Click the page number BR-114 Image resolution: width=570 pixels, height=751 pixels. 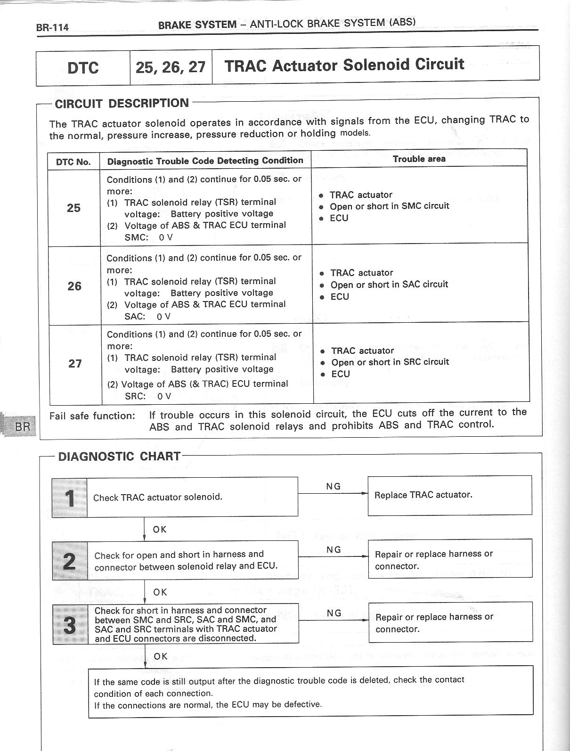click(52, 27)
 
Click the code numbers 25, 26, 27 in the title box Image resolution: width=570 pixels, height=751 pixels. click(171, 67)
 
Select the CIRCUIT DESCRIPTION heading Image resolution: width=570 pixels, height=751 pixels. click(122, 104)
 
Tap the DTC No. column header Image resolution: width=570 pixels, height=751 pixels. click(73, 162)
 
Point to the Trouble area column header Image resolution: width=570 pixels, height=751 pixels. click(419, 159)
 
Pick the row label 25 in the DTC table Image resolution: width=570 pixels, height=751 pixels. click(73, 208)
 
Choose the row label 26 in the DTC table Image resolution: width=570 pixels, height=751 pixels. click(74, 286)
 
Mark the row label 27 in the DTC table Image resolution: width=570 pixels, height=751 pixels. click(75, 364)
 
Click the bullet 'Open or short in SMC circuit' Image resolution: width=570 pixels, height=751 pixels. click(389, 206)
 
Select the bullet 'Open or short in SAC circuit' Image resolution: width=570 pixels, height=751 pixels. click(389, 285)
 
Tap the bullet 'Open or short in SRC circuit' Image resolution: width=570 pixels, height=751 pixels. click(390, 362)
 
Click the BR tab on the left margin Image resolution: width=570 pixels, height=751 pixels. click(22, 427)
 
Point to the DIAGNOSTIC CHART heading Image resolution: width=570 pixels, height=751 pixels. click(119, 457)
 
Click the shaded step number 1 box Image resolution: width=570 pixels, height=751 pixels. click(70, 498)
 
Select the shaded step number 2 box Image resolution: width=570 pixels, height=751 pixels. click(70, 560)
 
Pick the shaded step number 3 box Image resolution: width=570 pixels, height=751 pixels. click(70, 624)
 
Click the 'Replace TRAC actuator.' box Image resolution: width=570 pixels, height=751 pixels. click(449, 495)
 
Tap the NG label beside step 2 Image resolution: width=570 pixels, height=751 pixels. click(334, 550)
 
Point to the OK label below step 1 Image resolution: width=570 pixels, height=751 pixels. click(160, 529)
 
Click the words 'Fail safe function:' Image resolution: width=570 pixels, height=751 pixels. click(92, 416)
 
